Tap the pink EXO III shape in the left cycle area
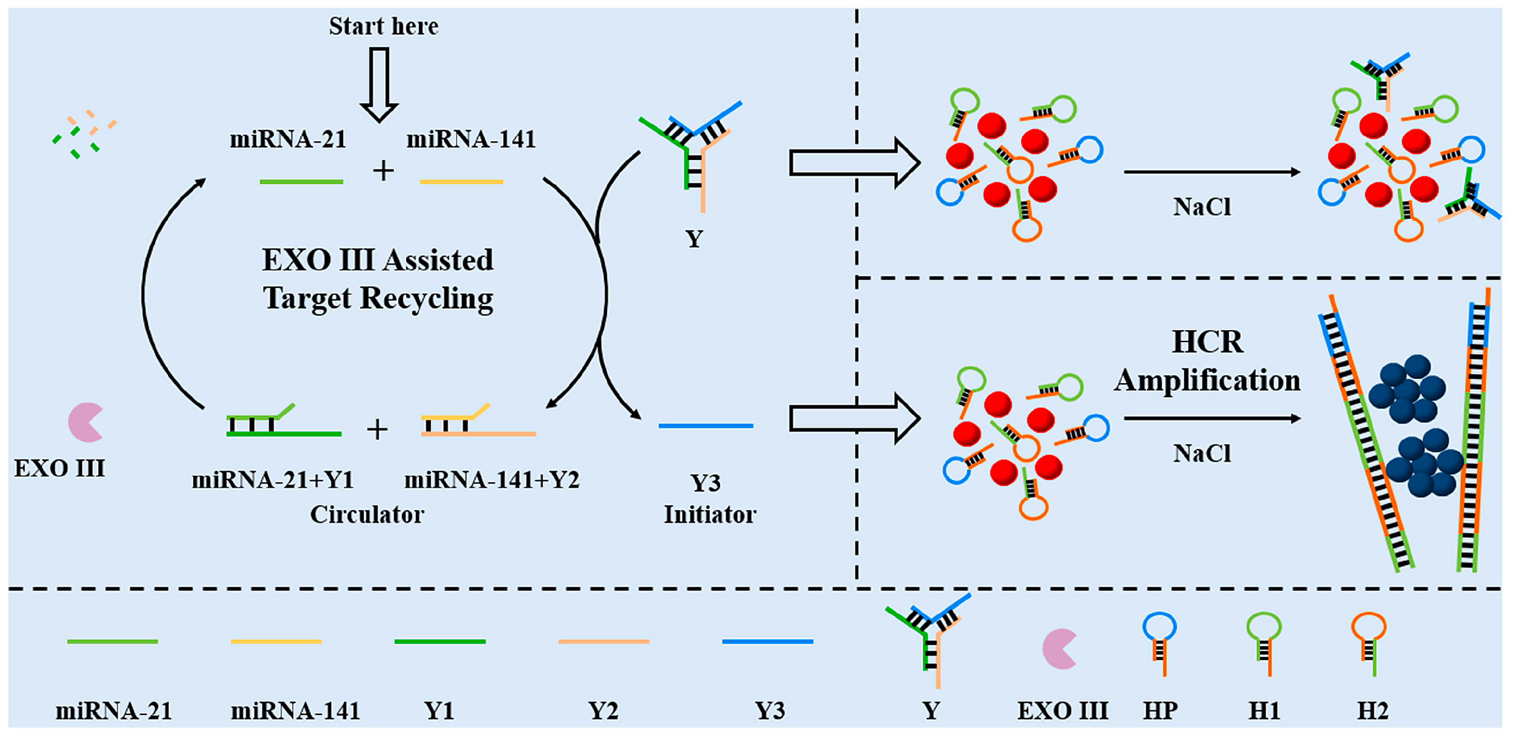[85, 422]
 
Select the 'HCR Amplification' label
[1207, 361]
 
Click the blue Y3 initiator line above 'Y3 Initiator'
[705, 425]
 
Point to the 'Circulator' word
[367, 515]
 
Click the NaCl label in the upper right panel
[1202, 207]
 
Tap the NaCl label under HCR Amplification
[1202, 454]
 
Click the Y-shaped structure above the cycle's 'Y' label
[692, 153]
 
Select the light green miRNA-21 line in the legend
[112, 641]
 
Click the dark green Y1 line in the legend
[440, 641]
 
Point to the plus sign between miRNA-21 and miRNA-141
[383, 171]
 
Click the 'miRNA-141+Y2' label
[491, 480]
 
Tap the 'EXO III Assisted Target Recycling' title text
[378, 279]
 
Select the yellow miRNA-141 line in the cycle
[461, 182]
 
